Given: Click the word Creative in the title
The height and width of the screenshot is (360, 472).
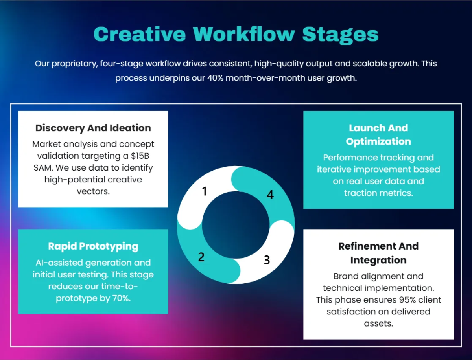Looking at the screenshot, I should pos(140,34).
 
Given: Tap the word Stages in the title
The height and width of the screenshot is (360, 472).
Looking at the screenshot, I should pos(340,34).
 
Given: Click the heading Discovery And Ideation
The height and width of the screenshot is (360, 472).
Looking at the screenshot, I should pos(93,128).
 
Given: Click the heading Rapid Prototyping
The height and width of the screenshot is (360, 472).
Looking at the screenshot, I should pos(93,246).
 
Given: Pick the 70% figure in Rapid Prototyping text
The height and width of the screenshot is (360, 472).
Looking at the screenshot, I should pos(121,298).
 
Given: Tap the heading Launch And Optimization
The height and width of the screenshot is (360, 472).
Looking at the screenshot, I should pos(378,134).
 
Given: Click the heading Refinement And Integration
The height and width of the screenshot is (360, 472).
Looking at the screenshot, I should pos(378,253).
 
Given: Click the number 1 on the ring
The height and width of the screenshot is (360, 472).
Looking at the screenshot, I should pos(204,191).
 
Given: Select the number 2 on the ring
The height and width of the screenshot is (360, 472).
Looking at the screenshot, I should pos(201,257).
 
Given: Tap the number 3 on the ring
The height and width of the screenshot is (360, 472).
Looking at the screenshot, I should pos(267,260).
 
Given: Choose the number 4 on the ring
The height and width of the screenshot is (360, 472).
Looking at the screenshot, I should pos(270,195).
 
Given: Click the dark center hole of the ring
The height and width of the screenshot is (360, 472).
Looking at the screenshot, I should pos(236,225).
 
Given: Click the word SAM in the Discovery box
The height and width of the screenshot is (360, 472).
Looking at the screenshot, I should pos(42,168).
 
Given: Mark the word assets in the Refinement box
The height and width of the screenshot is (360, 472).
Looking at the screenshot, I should pos(378,323).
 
